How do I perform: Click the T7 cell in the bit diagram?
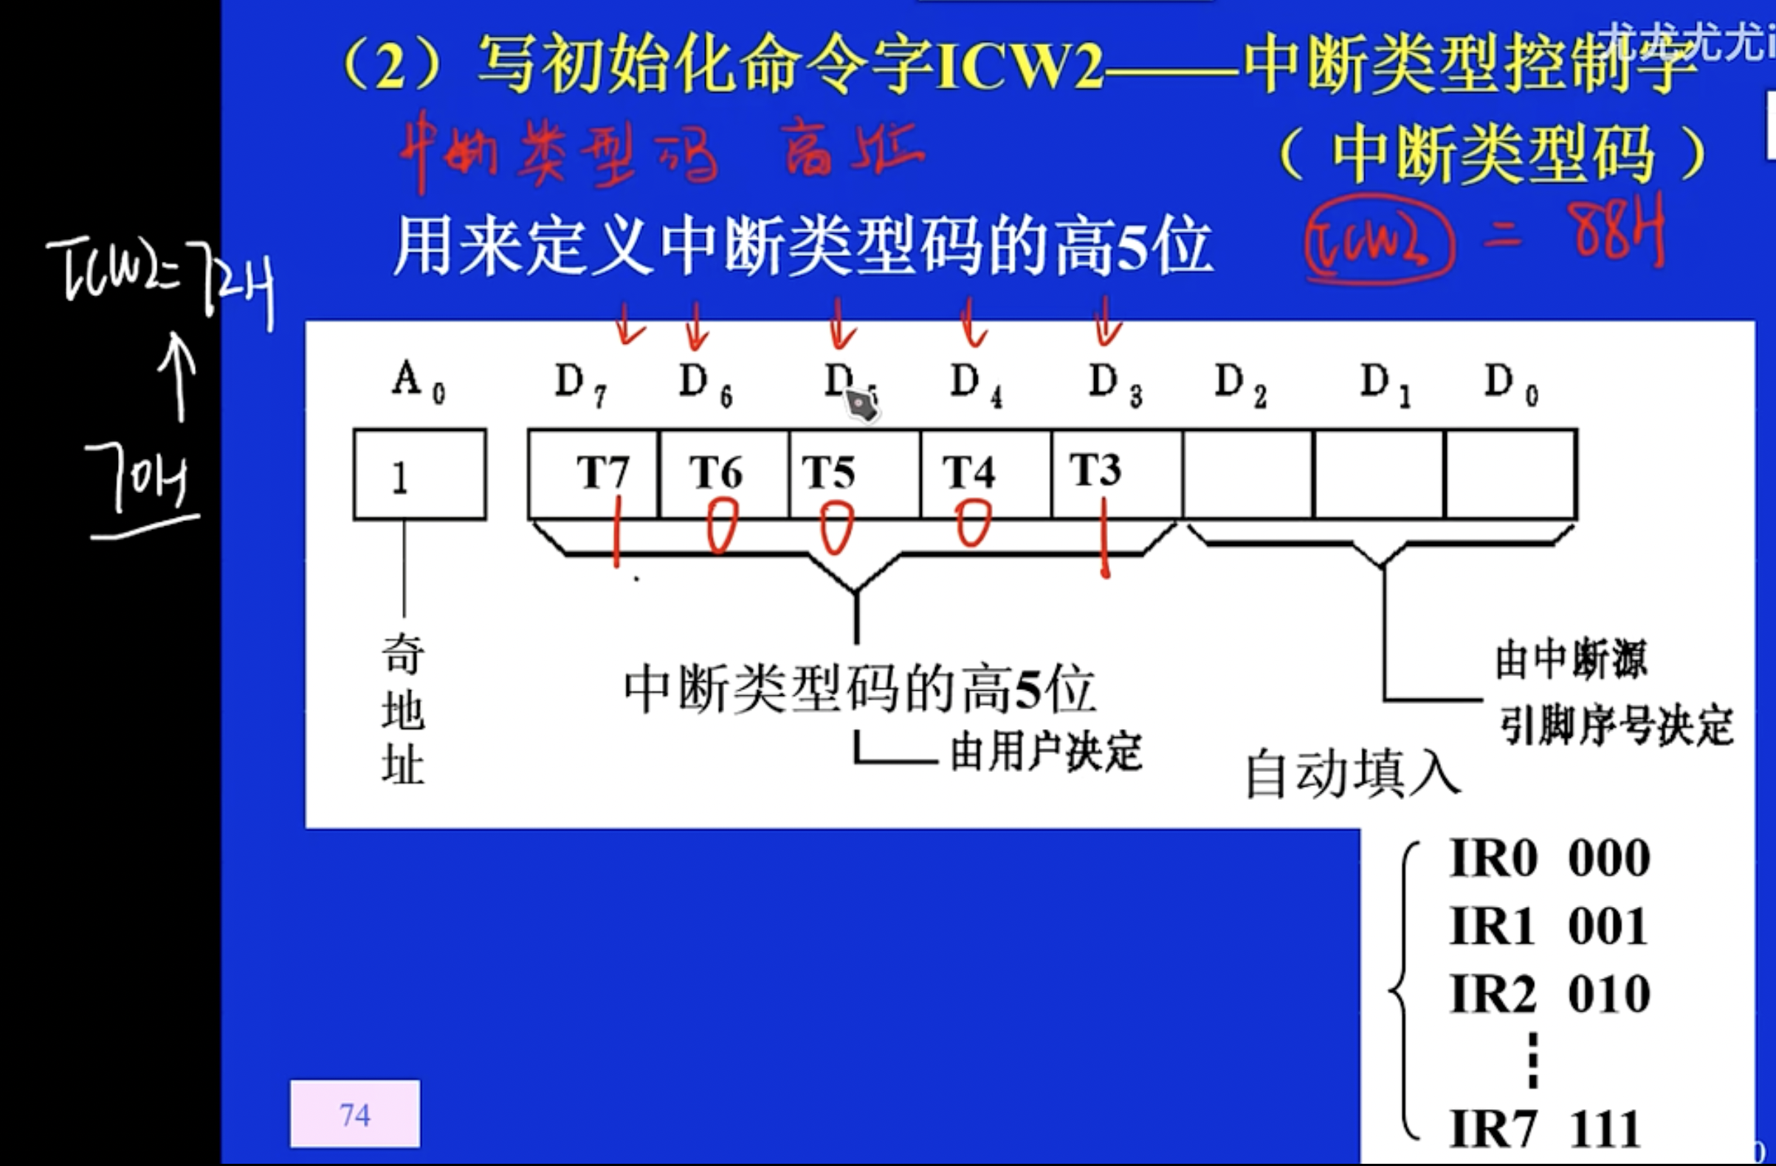click(594, 473)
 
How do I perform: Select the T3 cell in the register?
click(1116, 473)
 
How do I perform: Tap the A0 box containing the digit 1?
click(419, 475)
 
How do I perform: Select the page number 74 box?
click(354, 1114)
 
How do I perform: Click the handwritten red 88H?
click(1615, 231)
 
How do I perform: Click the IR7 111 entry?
click(1545, 1128)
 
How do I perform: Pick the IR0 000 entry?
click(1549, 859)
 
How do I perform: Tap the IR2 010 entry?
click(1549, 994)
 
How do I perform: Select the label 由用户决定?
click(1044, 751)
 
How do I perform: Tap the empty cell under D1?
click(1379, 475)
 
